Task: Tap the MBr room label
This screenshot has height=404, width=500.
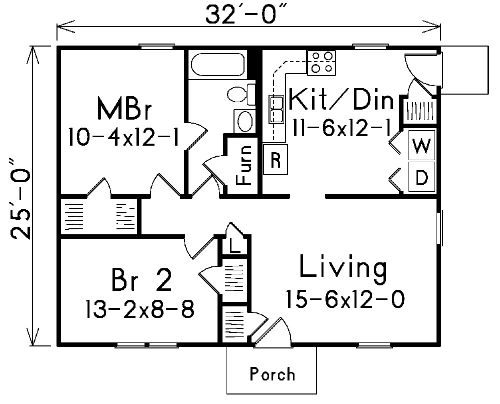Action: pyautogui.click(x=125, y=109)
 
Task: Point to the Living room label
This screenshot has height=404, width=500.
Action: pyautogui.click(x=343, y=269)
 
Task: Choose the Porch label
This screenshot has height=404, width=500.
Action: pyautogui.click(x=272, y=374)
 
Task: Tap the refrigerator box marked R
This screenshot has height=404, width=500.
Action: pyautogui.click(x=275, y=160)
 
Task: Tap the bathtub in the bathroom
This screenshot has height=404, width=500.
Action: pyautogui.click(x=218, y=65)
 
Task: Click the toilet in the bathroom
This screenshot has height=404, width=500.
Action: pyautogui.click(x=240, y=94)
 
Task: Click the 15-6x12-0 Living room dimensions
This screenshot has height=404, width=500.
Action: pyautogui.click(x=344, y=299)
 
